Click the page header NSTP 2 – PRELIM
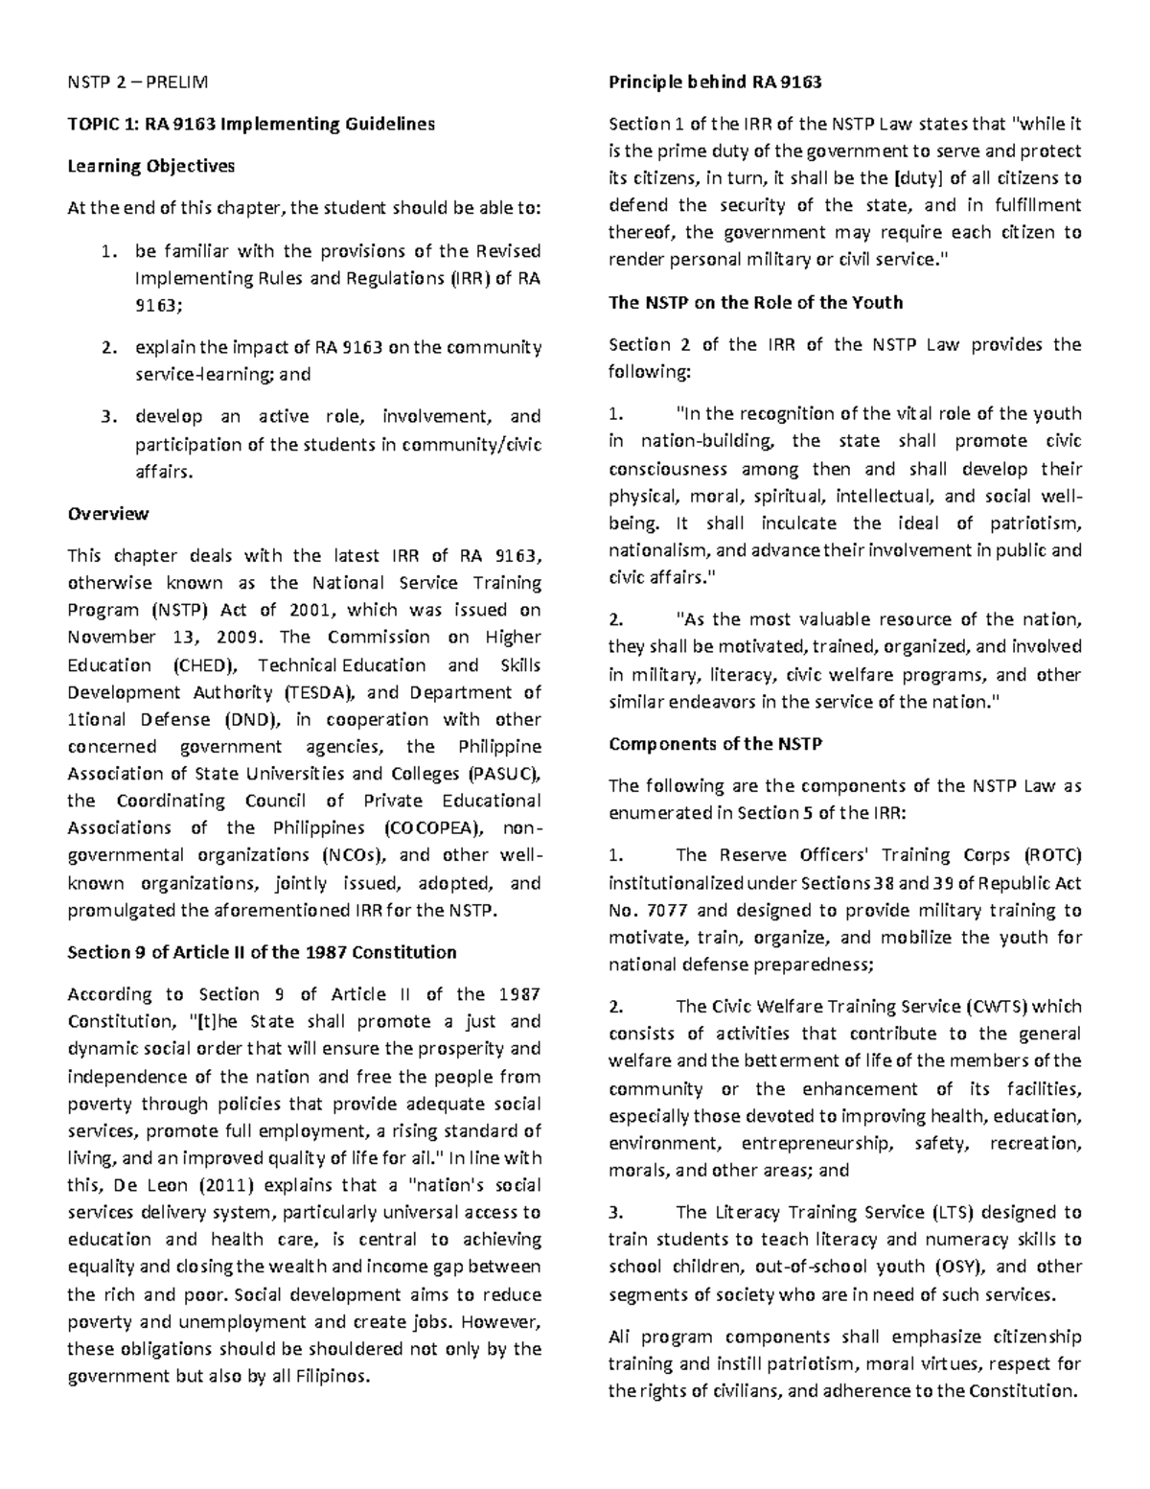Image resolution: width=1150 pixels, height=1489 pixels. click(x=136, y=82)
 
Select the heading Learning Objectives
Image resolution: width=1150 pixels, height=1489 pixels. click(x=150, y=166)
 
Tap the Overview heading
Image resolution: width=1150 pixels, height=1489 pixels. click(x=107, y=513)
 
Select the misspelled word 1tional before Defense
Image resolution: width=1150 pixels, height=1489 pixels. click(x=101, y=719)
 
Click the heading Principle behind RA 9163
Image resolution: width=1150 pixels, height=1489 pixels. click(x=715, y=82)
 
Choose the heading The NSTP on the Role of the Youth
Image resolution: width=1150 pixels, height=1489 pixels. click(x=755, y=303)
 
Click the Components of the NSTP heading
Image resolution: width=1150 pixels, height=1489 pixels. click(x=715, y=744)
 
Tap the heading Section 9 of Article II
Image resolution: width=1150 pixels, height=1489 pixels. click(x=261, y=952)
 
